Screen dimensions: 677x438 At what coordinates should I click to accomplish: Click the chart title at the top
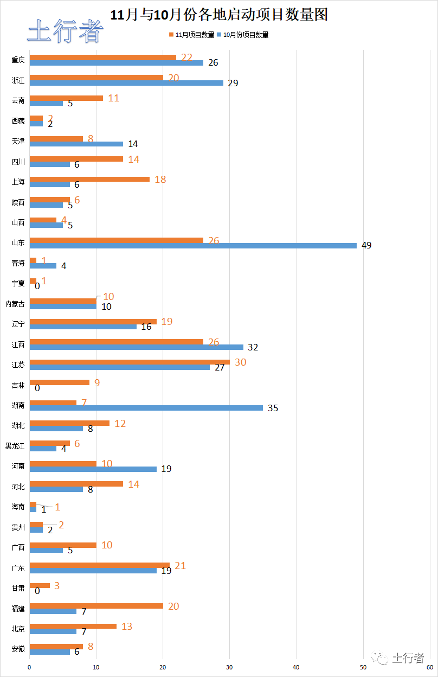coord(219,15)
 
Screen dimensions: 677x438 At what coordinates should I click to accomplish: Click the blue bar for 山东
coord(193,246)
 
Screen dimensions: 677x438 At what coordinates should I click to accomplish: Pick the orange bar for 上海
coord(89,179)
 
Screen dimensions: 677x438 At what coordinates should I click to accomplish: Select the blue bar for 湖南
coord(146,408)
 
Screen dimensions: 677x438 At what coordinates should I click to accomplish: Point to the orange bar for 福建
coord(96,606)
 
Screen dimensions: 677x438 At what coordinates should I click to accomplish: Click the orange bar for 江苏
coord(130,362)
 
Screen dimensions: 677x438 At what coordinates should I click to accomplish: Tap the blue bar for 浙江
coord(126,83)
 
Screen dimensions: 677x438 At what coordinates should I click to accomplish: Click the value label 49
coord(366,246)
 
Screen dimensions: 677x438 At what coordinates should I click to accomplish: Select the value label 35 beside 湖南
coord(273,408)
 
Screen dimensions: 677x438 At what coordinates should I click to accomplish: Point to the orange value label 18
coord(160,179)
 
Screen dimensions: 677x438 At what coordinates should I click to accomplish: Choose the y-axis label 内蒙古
coord(15,304)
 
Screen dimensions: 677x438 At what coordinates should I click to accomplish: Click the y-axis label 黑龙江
coord(15,446)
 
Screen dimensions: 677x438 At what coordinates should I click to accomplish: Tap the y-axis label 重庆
coord(18,60)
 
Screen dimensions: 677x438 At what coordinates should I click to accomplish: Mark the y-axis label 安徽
coord(18,649)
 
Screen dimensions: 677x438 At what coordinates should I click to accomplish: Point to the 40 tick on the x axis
coord(297,667)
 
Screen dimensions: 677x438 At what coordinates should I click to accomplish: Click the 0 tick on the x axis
coord(30,667)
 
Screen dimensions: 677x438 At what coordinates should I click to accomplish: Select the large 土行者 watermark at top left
coord(65,31)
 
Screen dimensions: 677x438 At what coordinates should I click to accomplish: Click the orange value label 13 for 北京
coord(126,627)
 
